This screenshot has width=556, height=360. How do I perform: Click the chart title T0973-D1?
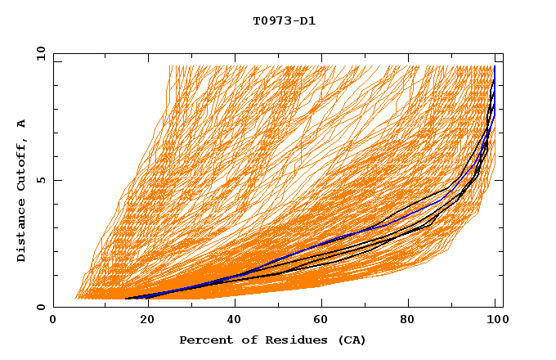coord(285,21)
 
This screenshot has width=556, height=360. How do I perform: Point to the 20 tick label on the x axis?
coord(142,320)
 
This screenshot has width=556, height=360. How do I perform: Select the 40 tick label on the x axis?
coord(231,320)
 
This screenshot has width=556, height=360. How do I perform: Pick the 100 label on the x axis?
coord(495,320)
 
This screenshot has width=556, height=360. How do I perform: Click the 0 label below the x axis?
coord(53,320)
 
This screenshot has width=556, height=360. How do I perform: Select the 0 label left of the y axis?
coord(41,307)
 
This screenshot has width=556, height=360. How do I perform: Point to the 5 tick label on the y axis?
coord(41,180)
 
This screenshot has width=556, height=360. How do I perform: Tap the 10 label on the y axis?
coord(38,53)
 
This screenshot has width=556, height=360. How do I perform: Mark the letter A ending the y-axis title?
coord(22,124)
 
